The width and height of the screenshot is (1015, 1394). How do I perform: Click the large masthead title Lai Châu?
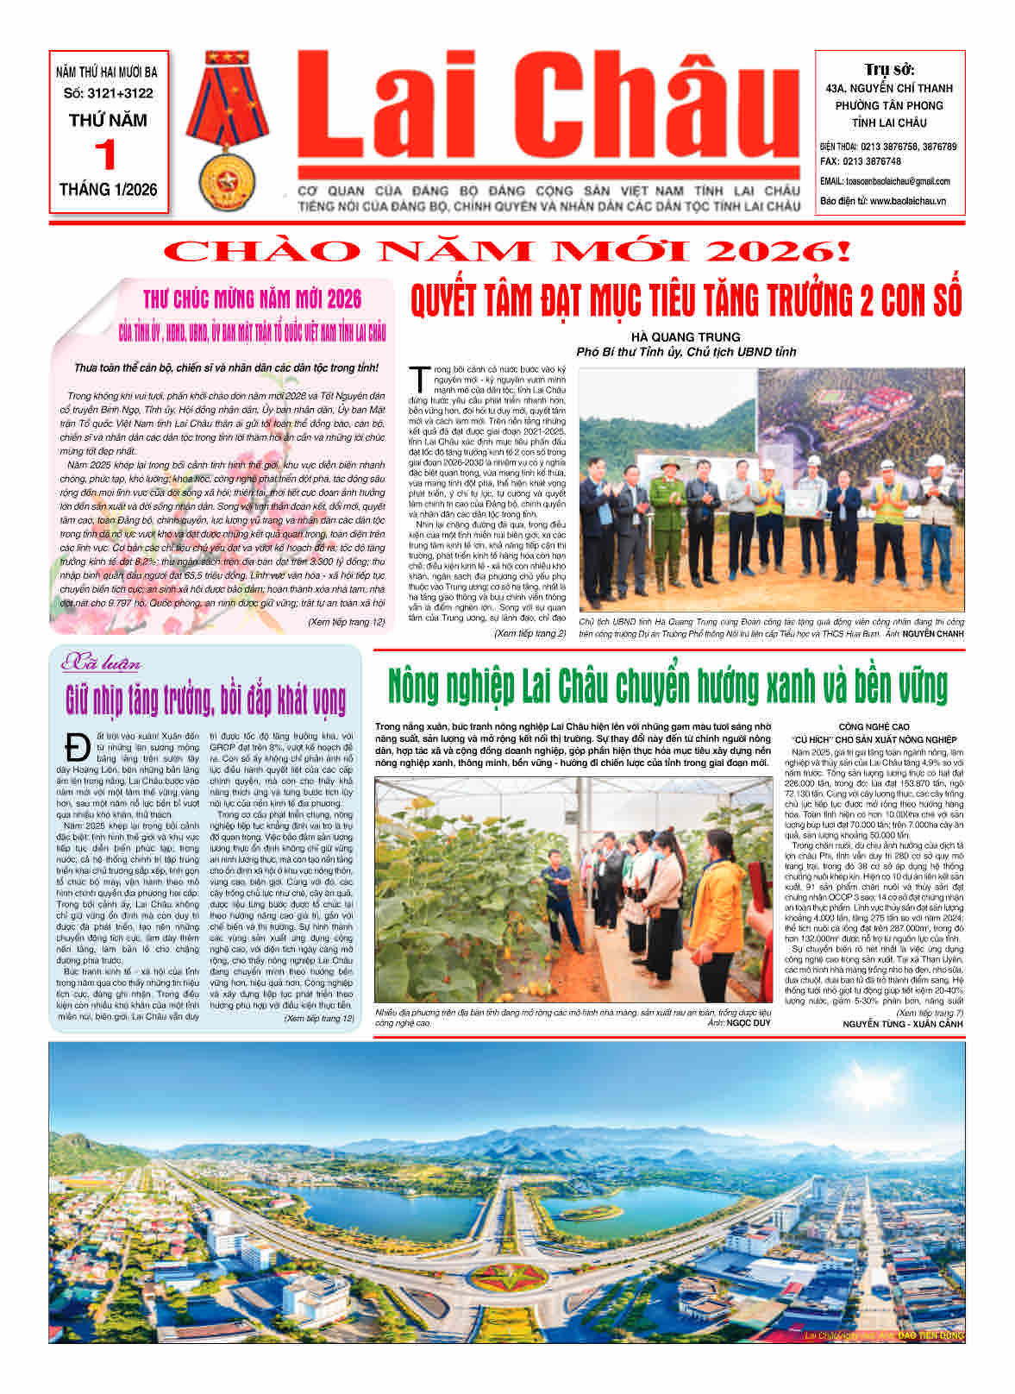click(548, 108)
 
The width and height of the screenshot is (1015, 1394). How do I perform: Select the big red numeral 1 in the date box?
click(108, 155)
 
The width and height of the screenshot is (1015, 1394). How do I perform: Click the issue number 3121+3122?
click(108, 93)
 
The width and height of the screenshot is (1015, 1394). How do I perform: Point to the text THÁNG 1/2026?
click(108, 189)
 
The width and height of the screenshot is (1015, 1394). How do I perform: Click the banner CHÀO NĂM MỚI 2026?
click(507, 251)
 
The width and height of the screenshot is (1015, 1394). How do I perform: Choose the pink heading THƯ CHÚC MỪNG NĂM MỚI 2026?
click(252, 299)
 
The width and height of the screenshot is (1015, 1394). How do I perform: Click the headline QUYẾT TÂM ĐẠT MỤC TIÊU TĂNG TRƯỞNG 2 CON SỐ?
click(686, 301)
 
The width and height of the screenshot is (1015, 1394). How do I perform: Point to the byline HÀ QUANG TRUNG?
click(686, 337)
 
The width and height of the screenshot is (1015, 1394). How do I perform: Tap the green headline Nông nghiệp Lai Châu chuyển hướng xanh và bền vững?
click(667, 686)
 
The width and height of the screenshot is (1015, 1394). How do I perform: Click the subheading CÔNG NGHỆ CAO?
click(874, 727)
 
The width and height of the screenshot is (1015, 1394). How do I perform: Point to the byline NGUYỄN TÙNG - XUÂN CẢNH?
click(902, 1024)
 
